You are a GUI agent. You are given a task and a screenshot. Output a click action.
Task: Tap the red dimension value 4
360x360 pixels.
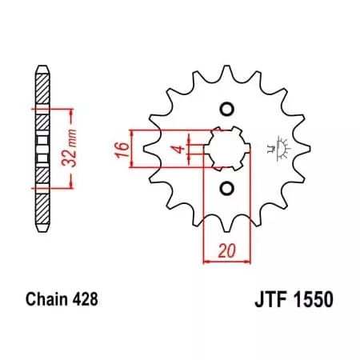(181, 147)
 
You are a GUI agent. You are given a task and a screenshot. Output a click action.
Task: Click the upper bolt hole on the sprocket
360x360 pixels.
(226, 110)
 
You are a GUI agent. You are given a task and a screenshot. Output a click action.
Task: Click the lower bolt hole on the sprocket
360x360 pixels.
(226, 189)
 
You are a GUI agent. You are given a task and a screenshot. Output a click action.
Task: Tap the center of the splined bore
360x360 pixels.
(226, 149)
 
